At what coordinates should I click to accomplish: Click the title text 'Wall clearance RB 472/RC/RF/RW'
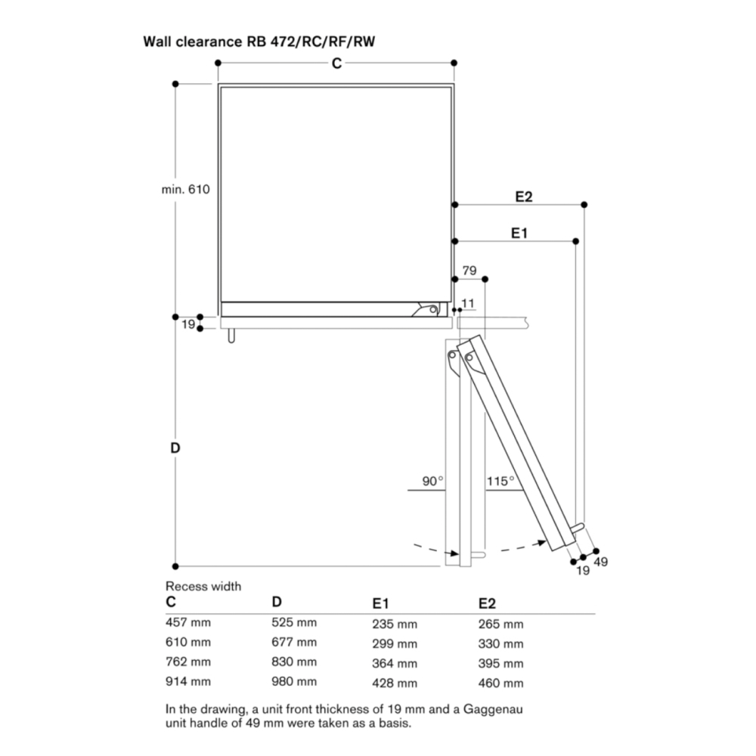(x=259, y=42)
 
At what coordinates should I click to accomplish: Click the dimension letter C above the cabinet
(x=336, y=64)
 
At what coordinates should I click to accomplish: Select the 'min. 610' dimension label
(x=186, y=189)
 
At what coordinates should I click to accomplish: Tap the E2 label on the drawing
(x=524, y=197)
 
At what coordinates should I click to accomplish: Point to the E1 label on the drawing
(x=519, y=234)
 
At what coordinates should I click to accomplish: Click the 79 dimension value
(x=469, y=271)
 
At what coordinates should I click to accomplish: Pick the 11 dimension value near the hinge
(x=468, y=303)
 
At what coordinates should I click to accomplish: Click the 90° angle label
(x=432, y=481)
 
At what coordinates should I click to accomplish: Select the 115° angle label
(x=500, y=481)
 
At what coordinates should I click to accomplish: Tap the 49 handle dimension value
(x=601, y=562)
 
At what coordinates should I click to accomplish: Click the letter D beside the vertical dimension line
(x=175, y=448)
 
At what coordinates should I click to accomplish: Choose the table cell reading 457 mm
(x=188, y=622)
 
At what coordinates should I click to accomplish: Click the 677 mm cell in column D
(x=294, y=642)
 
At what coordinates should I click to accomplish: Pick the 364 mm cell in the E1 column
(x=395, y=664)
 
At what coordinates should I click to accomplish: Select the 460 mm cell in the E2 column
(x=500, y=683)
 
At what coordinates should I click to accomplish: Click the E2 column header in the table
(x=487, y=603)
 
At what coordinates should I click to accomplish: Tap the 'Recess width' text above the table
(x=203, y=587)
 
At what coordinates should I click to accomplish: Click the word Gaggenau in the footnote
(x=493, y=710)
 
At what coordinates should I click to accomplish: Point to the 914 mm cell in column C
(x=188, y=682)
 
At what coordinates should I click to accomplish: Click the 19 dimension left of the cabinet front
(x=188, y=324)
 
